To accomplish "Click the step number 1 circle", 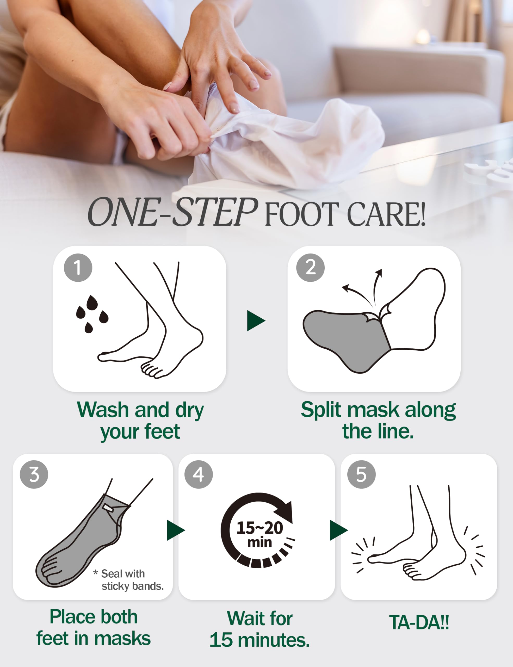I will coord(78,268).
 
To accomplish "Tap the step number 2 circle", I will coord(310,268).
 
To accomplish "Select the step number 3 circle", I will coord(34,474).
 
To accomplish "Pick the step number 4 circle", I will coord(199,474).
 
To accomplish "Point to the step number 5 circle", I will coord(361,474).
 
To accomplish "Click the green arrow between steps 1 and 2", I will coord(255,321).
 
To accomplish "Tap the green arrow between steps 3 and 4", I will coord(175,530).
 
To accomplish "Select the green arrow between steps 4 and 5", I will coord(338,530).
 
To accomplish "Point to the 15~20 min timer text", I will coord(259,534).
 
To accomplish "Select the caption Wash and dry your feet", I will coord(140,420).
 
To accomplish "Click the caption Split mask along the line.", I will coord(378,420).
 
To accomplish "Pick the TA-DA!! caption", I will coord(419,622).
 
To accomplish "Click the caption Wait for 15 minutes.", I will coord(259,629).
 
